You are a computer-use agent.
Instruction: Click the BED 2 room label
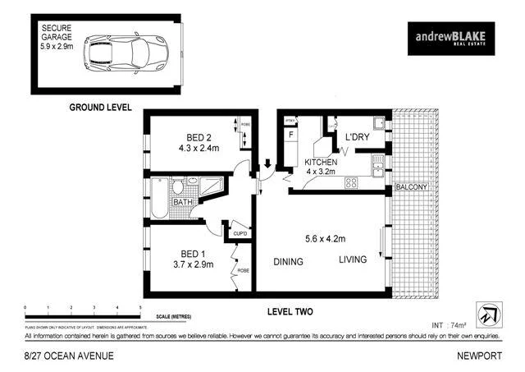coord(194,137)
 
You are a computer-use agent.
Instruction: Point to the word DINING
coord(288,262)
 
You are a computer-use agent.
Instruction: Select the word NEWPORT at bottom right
coord(479,356)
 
